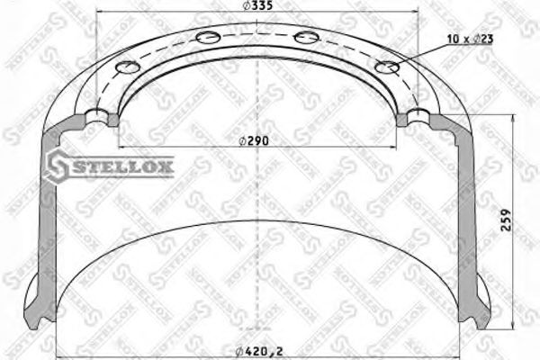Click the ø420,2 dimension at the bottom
(x=256, y=349)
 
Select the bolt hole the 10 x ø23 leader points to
(x=387, y=67)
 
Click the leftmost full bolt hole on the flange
(x=129, y=67)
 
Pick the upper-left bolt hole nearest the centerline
(x=207, y=38)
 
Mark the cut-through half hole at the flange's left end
(x=98, y=115)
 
